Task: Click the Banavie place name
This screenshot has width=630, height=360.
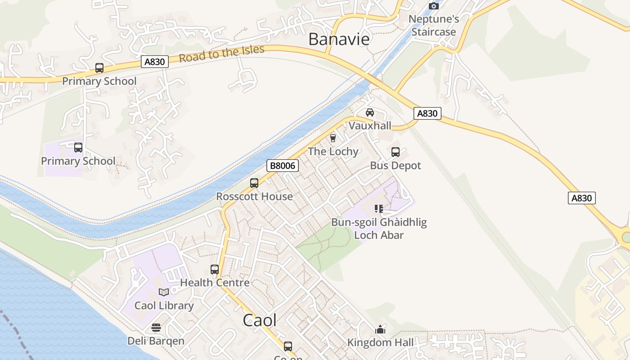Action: click(339, 39)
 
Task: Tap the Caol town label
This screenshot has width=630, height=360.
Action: click(260, 320)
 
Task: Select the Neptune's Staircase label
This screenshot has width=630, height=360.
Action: click(434, 25)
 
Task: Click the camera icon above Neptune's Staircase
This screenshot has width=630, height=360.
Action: click(434, 6)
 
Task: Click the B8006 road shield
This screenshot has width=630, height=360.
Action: click(283, 166)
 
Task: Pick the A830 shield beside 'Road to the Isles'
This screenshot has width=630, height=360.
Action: click(155, 62)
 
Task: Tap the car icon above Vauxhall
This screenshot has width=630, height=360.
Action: click(370, 112)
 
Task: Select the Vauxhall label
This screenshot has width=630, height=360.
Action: click(370, 126)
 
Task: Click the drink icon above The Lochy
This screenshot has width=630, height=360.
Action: click(333, 138)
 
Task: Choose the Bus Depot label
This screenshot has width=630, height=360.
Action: click(396, 166)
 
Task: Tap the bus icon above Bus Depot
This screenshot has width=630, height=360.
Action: click(396, 152)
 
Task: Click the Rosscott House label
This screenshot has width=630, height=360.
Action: click(254, 197)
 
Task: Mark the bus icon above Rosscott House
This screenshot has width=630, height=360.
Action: click(254, 183)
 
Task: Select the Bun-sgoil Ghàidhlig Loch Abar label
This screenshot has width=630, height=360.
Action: click(379, 229)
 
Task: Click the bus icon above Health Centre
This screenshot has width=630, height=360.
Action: click(215, 270)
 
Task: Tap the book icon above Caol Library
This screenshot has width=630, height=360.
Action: click(164, 292)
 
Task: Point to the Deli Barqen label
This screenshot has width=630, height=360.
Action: click(156, 341)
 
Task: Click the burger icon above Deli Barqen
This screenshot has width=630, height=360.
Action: click(156, 328)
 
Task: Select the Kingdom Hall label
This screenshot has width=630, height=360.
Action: click(380, 342)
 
